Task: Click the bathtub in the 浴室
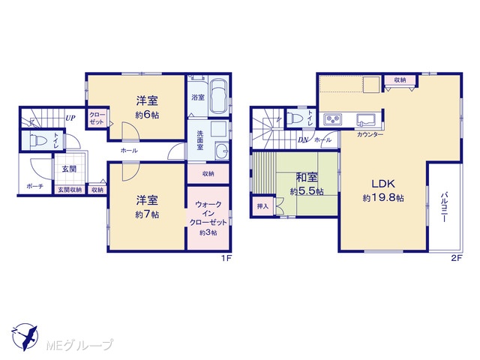click(218, 97)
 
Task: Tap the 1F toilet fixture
click(37, 140)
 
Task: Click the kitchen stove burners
click(333, 119)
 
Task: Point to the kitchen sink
click(366, 119)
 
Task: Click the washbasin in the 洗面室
click(222, 151)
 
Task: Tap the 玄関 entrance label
click(69, 169)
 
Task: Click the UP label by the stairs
click(70, 118)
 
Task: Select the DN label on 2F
click(303, 140)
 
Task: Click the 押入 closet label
click(262, 206)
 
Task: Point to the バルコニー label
click(444, 207)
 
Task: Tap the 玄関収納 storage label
click(70, 190)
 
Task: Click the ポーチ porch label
click(35, 186)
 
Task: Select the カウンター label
click(370, 134)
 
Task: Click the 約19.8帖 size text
click(383, 198)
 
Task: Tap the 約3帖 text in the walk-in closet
click(208, 232)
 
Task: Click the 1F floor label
click(226, 258)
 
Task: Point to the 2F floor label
click(456, 258)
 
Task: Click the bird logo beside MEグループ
click(25, 337)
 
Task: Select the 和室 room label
click(307, 178)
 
